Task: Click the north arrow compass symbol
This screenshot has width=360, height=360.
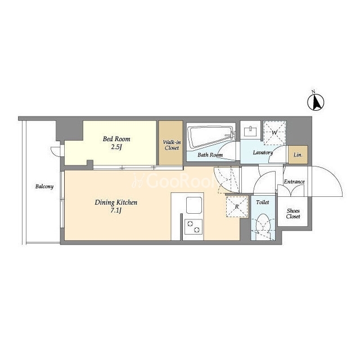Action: point(316,101)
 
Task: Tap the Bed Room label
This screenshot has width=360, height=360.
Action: point(116,139)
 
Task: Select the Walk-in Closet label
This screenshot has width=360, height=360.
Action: point(172,145)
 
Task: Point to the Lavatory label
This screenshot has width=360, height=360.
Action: point(263,152)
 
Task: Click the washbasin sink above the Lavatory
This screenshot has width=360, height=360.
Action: point(251,131)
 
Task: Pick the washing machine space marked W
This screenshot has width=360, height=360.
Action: point(274,133)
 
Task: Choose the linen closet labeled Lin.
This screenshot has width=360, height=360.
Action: point(298,155)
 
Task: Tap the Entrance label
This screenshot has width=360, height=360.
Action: point(294,182)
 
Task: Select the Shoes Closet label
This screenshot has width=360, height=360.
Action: point(293,214)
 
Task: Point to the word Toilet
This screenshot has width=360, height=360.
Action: point(263,202)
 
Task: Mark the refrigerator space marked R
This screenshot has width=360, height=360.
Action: point(237,206)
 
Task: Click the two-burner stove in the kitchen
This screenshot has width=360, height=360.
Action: point(193,227)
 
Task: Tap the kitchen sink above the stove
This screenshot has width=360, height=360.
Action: point(194,205)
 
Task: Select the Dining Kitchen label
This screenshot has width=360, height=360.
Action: point(116,202)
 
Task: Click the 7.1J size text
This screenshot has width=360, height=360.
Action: point(116,211)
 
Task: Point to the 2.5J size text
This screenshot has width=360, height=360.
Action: point(116,147)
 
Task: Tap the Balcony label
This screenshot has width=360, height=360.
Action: point(44,186)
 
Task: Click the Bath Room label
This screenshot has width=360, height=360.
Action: point(210,155)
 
